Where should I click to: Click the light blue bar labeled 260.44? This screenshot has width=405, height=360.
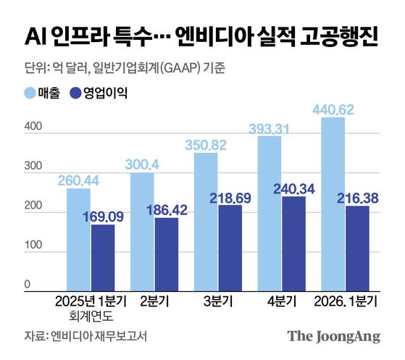[72, 239]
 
